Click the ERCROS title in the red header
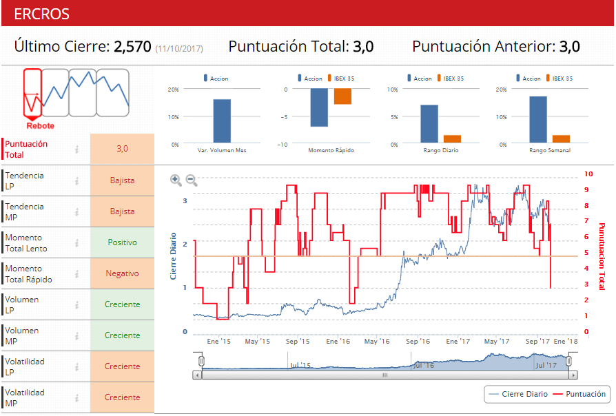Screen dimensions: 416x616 [x=41, y=14]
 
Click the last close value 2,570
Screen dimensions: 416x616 [x=132, y=47]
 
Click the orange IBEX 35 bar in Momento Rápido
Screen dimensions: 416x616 [x=342, y=96]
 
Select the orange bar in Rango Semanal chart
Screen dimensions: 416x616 [x=561, y=138]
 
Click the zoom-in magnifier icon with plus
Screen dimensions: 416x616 [x=176, y=180]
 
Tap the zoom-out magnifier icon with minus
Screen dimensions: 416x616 [x=192, y=180]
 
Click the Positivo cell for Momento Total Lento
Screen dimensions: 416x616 [x=122, y=242]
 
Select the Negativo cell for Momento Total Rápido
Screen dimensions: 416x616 [x=122, y=273]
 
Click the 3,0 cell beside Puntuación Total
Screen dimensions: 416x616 [x=122, y=149]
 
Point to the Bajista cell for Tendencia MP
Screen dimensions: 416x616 [x=122, y=211]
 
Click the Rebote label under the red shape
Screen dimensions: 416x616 [x=40, y=126]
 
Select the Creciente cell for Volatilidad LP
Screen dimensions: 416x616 [x=122, y=366]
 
